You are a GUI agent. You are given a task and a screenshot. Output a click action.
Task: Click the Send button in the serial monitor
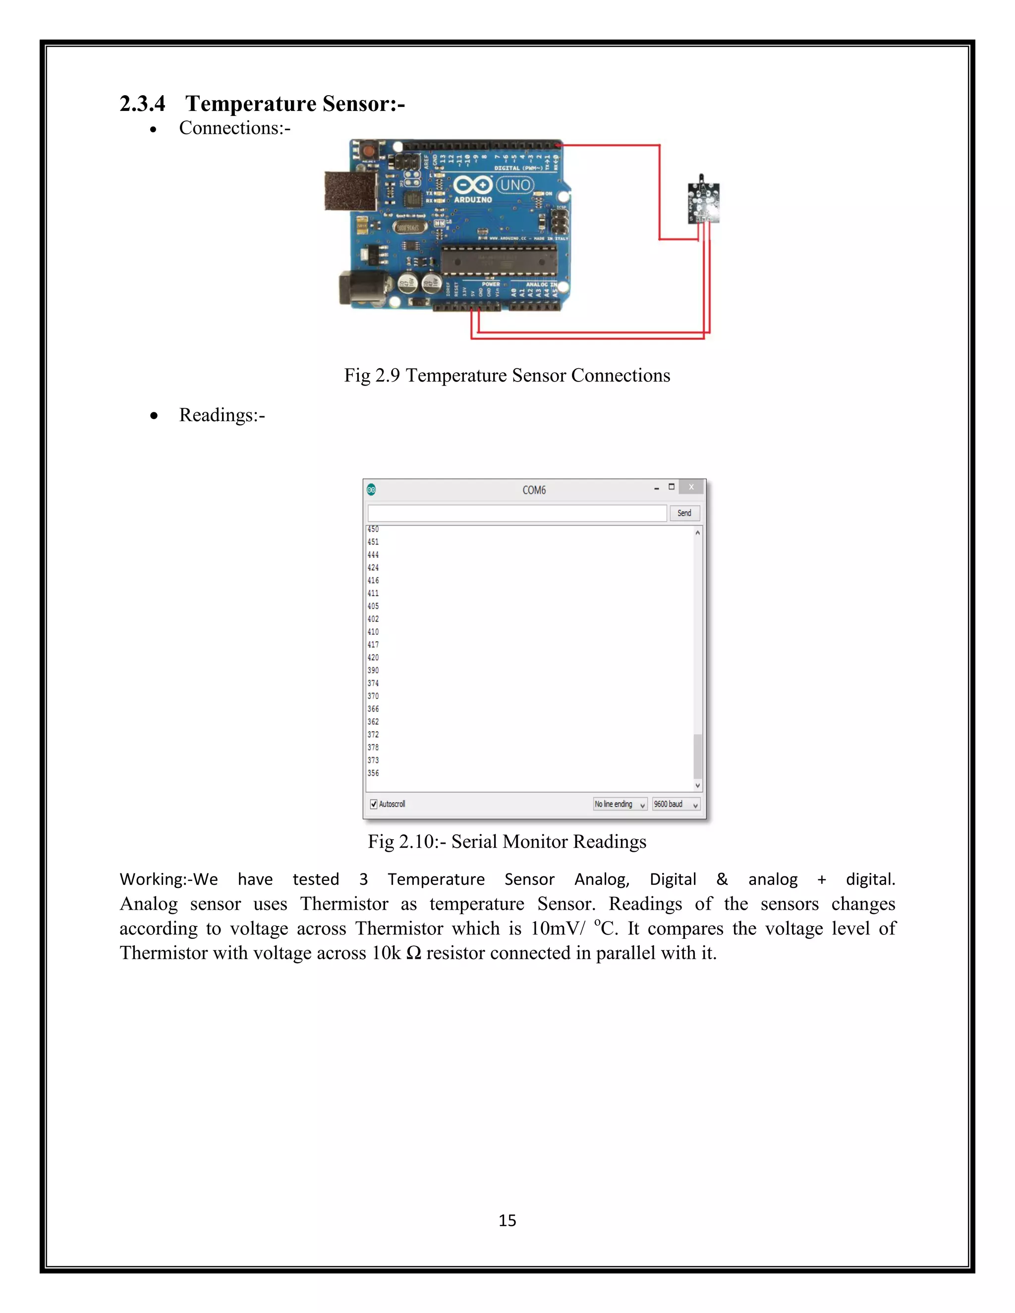pyautogui.click(x=684, y=513)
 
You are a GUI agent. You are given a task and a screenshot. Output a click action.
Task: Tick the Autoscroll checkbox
pyautogui.click(x=373, y=804)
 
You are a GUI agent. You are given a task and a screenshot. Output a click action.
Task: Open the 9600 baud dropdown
pyautogui.click(x=676, y=804)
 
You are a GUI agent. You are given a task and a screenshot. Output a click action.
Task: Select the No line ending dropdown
pyautogui.click(x=620, y=804)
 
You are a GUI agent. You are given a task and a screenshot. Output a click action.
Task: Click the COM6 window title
pyautogui.click(x=534, y=490)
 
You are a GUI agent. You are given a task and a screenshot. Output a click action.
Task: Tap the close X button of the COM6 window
pyautogui.click(x=691, y=487)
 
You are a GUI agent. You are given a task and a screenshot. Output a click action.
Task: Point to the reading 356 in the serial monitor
pyautogui.click(x=373, y=773)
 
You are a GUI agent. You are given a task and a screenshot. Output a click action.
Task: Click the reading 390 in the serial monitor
pyautogui.click(x=373, y=670)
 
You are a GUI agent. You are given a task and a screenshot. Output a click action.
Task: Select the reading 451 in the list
pyautogui.click(x=373, y=542)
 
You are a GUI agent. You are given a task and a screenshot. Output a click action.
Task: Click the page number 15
pyautogui.click(x=507, y=1220)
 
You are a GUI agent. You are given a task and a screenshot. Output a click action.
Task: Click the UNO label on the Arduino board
pyautogui.click(x=515, y=185)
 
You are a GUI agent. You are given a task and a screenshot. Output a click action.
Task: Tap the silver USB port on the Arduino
pyautogui.click(x=350, y=191)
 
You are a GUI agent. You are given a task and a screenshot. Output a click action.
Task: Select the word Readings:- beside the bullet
pyautogui.click(x=222, y=415)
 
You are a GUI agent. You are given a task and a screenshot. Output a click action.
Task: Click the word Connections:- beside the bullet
pyautogui.click(x=234, y=128)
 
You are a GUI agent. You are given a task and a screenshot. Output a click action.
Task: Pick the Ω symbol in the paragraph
pyautogui.click(x=414, y=953)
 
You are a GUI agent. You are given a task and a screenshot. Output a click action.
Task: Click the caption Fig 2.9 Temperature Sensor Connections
pyautogui.click(x=507, y=375)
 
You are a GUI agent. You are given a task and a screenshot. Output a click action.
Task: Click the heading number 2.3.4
pyautogui.click(x=142, y=104)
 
